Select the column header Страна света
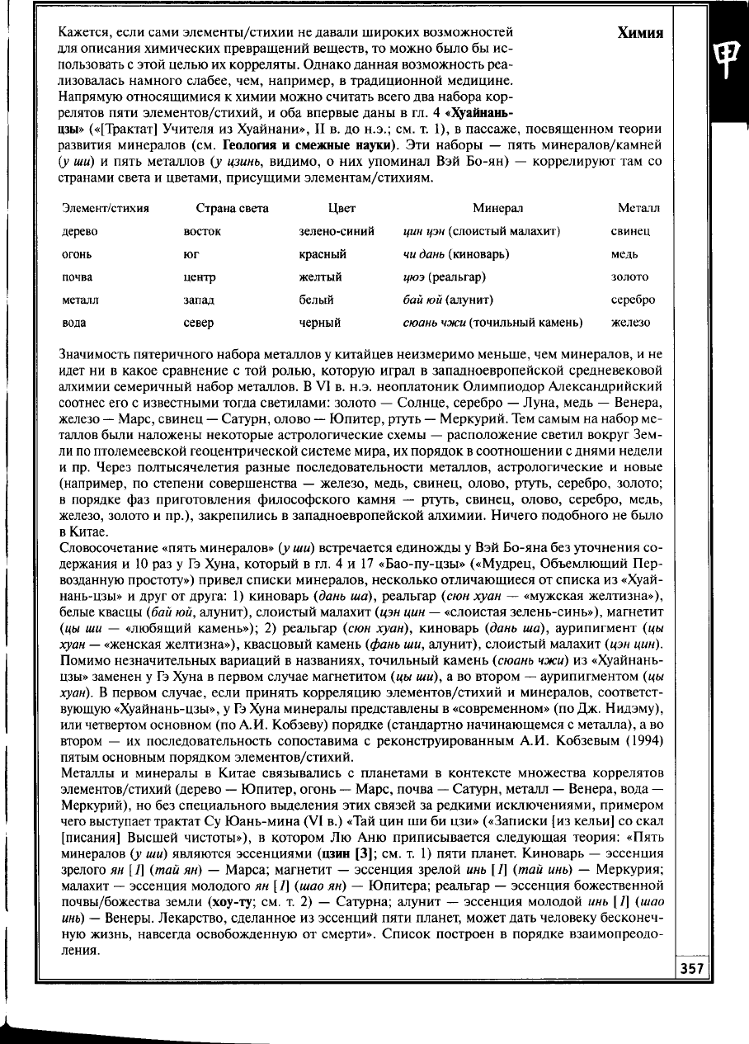233,209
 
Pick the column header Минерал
497,209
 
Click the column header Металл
638,209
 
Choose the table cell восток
201,232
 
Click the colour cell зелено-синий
337,232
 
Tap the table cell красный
323,255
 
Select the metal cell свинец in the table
631,232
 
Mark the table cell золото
629,277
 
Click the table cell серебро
633,300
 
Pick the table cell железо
631,323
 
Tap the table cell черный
321,323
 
